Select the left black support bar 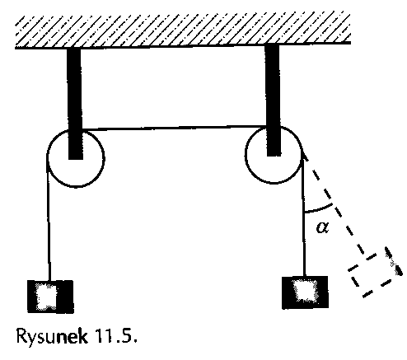coord(75,103)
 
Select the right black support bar coord(273,100)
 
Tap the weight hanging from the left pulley coord(50,297)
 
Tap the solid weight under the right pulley coord(305,292)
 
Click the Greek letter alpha coord(322,227)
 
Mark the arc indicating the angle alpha coord(319,209)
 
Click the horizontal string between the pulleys coord(174,128)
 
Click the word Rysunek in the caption coord(52,335)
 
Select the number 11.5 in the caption coord(115,335)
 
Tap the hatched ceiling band coord(183,30)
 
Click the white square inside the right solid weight coord(305,290)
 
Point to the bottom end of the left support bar coord(76,159)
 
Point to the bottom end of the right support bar coord(274,156)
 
